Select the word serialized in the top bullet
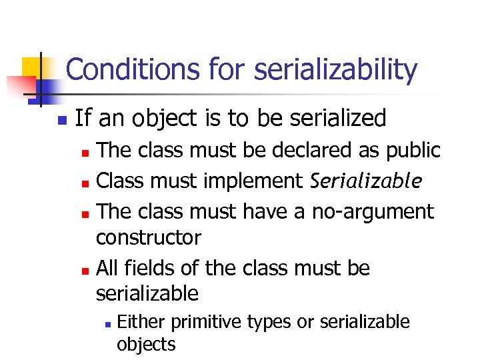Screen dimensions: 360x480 coord(333,119)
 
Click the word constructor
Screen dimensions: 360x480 coord(149,237)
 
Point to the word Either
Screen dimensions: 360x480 coord(141,322)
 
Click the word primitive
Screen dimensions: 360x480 coord(207,322)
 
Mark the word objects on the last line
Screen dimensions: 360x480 coord(146,344)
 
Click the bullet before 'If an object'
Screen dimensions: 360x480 coord(61,121)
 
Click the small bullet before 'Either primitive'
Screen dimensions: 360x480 coord(107,324)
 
